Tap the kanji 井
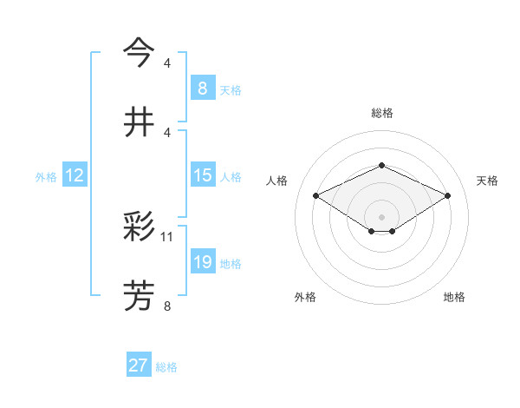(139, 122)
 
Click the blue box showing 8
(203, 88)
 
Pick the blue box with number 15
(203, 175)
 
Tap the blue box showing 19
(203, 262)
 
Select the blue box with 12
(75, 175)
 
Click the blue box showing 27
(139, 365)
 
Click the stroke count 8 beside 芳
(167, 305)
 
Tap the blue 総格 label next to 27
(166, 367)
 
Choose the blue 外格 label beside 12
(46, 177)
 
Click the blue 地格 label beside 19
(231, 264)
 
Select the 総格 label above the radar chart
(381, 113)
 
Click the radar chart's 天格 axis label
(487, 181)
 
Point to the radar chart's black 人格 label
(276, 181)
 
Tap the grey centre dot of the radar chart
(381, 216)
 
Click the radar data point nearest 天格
(447, 195)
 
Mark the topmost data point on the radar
(381, 164)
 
